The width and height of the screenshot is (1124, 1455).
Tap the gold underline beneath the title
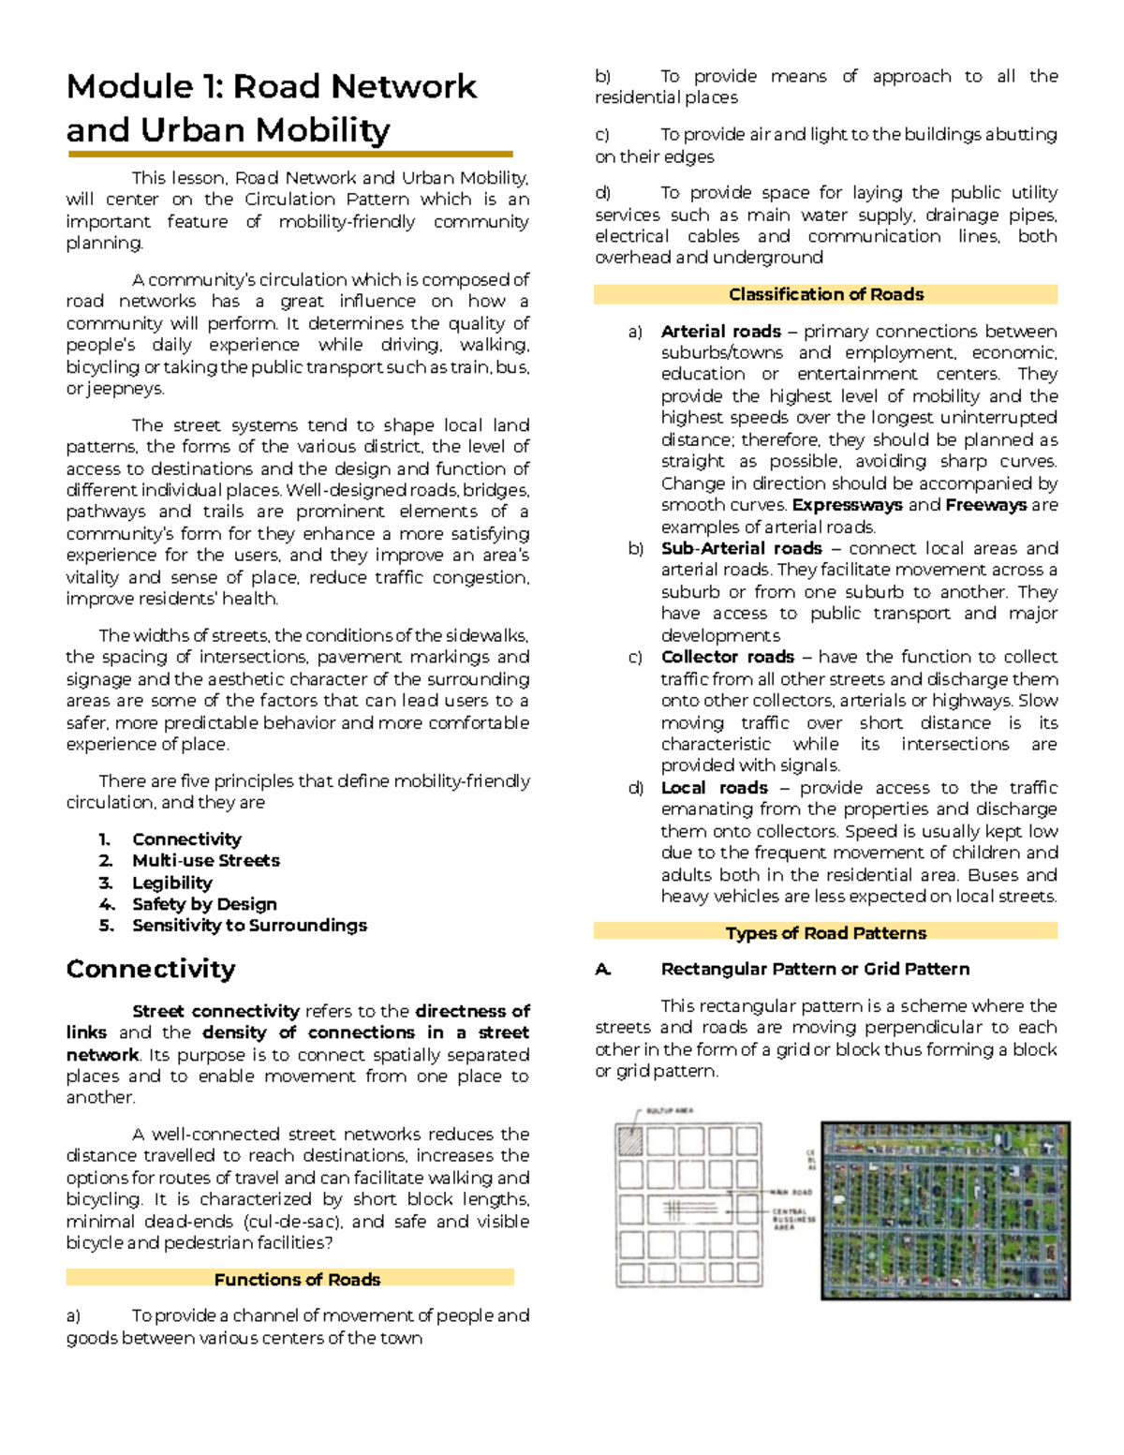click(289, 154)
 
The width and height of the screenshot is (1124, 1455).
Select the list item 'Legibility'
click(171, 883)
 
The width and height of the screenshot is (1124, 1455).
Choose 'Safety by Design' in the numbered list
click(204, 904)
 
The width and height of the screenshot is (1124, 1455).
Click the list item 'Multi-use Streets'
click(205, 860)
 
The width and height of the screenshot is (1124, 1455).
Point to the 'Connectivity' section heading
click(151, 969)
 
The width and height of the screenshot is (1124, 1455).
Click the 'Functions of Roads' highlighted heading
click(296, 1279)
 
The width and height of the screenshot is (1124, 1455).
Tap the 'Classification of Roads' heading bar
click(825, 294)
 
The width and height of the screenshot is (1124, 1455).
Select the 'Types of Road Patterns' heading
click(825, 933)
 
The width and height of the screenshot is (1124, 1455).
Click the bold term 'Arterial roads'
click(720, 332)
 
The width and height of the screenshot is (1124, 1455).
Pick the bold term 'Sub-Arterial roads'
click(741, 548)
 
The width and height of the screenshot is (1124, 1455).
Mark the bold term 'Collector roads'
click(727, 657)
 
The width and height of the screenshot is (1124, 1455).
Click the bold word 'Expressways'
click(847, 505)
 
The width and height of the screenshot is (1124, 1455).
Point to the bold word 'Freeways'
click(985, 505)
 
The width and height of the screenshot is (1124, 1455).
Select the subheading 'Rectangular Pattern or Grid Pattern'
click(815, 969)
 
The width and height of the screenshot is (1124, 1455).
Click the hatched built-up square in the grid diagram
click(629, 1140)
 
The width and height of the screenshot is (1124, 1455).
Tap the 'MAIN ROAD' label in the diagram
click(791, 1193)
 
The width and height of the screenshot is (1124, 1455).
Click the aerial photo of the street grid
click(945, 1210)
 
